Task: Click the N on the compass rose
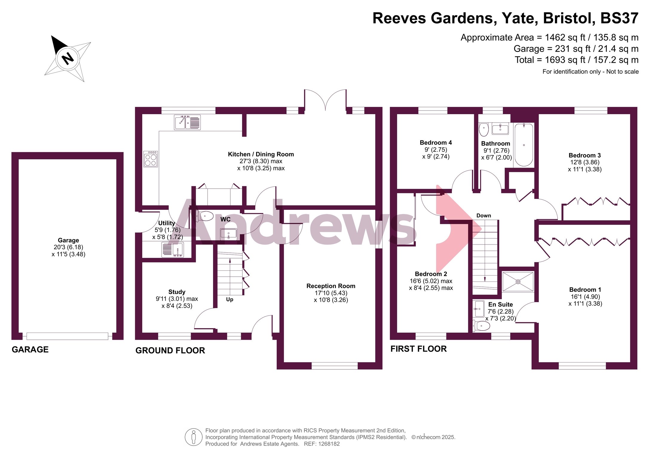click(x=68, y=59)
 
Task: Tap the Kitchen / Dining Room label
click(x=261, y=154)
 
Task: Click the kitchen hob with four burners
click(x=151, y=159)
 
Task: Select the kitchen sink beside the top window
click(x=187, y=123)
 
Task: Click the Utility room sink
click(x=173, y=250)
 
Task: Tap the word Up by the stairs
click(x=229, y=299)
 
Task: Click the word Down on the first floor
click(x=484, y=215)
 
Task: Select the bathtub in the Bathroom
click(x=524, y=145)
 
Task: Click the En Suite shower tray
click(x=518, y=281)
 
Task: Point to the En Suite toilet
click(x=481, y=326)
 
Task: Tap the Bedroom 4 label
click(x=436, y=143)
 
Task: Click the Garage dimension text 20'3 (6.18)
click(x=68, y=247)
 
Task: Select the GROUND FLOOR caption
click(x=170, y=351)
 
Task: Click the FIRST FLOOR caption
click(x=419, y=349)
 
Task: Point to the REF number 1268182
click(x=329, y=444)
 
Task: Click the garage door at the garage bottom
click(x=68, y=336)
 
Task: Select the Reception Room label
click(x=331, y=286)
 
